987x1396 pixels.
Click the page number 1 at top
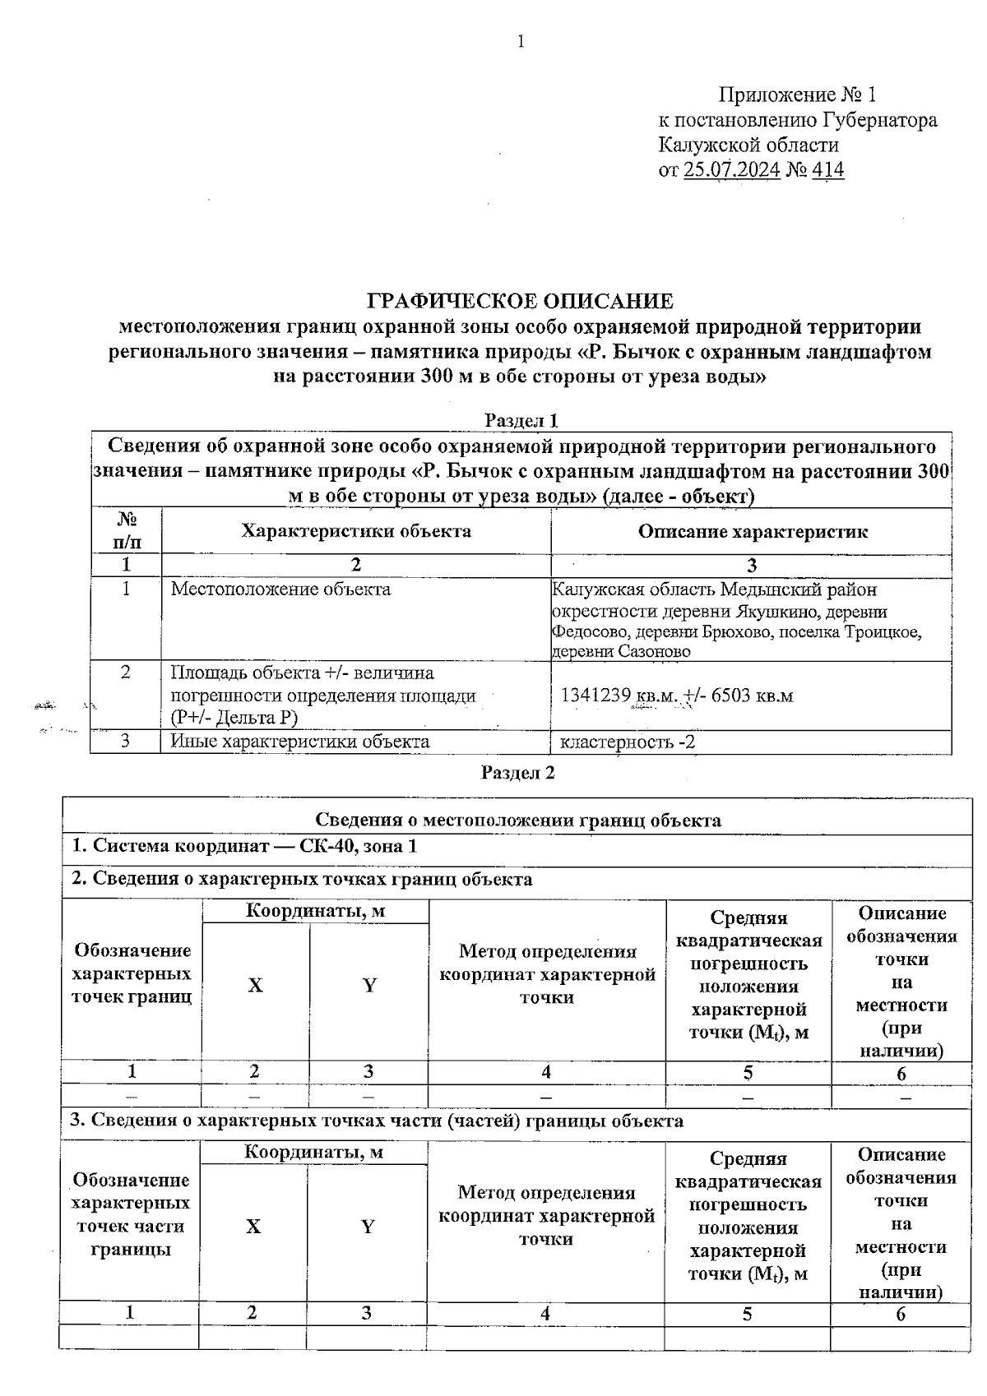coord(520,42)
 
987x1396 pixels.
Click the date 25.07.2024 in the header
coord(731,170)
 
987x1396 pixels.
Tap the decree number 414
coord(827,170)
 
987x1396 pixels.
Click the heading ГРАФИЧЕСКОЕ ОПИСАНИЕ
coord(520,301)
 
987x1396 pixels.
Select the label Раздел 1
coord(521,421)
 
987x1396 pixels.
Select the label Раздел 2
coord(518,773)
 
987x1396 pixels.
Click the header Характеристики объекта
coord(356,531)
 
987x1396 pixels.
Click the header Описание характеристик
coord(752,531)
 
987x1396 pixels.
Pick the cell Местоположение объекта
coord(280,589)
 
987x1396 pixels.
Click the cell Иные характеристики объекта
coord(299,742)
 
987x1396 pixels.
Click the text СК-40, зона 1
coord(358,846)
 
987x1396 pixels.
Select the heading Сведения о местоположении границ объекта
coord(518,820)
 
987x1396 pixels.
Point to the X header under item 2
coord(255,985)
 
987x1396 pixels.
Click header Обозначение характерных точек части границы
coord(131,1214)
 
